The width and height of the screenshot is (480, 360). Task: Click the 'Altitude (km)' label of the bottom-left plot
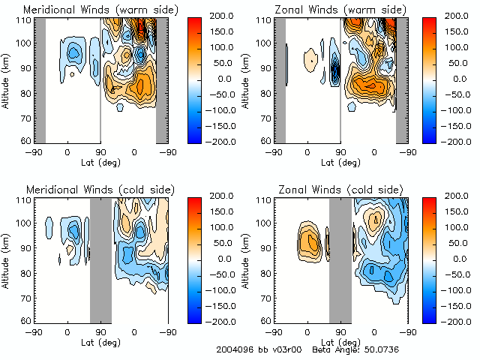tap(7, 259)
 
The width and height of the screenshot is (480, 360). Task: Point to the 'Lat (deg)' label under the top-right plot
tap(341, 161)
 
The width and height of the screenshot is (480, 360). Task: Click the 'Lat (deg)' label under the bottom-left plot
tap(101, 341)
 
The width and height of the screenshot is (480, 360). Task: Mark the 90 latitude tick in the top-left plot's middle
tap(100, 151)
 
